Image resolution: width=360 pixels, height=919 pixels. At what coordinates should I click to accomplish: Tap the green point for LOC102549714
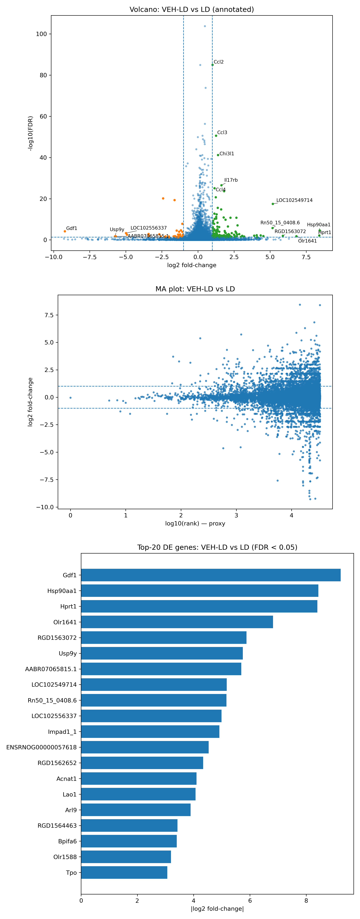pyautogui.click(x=273, y=204)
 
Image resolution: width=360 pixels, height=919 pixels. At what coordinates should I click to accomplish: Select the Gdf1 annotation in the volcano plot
pyautogui.click(x=71, y=228)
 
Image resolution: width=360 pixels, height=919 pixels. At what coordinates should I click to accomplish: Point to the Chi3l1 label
pyautogui.click(x=227, y=154)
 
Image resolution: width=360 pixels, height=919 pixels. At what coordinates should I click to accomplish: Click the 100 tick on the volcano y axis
pyautogui.click(x=41, y=34)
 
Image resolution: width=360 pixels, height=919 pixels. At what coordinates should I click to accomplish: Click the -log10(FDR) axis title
pyautogui.click(x=31, y=133)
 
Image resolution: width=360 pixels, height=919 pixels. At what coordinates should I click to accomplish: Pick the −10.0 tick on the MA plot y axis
pyautogui.click(x=45, y=507)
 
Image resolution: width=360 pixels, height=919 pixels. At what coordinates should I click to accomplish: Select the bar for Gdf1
pyautogui.click(x=210, y=575)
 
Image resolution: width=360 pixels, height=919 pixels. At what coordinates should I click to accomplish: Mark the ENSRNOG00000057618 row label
pyautogui.click(x=41, y=747)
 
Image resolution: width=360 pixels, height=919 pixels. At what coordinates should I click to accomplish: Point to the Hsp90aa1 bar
pyautogui.click(x=199, y=591)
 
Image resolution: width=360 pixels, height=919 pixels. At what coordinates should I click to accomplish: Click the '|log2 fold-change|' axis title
pyautogui.click(x=217, y=909)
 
